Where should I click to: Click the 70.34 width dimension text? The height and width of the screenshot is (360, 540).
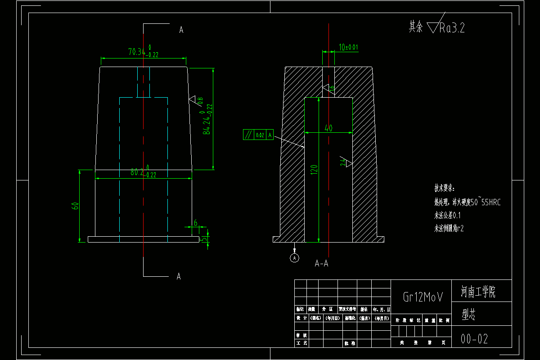tap(137, 52)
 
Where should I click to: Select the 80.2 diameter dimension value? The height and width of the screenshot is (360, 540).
tap(138, 172)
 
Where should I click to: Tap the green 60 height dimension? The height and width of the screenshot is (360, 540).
tap(76, 206)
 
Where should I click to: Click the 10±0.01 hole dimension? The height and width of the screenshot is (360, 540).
tap(348, 47)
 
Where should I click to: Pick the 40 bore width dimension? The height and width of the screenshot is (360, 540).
tap(328, 128)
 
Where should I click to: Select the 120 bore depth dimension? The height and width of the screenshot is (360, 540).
tap(314, 169)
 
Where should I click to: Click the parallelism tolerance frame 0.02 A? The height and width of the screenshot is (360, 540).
tap(258, 135)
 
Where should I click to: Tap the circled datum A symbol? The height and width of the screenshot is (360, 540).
tap(294, 258)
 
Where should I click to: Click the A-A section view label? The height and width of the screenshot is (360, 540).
tap(321, 264)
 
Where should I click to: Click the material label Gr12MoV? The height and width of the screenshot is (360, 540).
tap(423, 297)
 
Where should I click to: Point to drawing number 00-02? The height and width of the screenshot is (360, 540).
tap(474, 339)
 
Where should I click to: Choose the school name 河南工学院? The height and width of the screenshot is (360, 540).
tap(478, 293)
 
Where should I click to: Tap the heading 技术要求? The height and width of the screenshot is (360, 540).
tap(444, 188)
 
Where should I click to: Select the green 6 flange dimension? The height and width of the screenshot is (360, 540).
tap(195, 223)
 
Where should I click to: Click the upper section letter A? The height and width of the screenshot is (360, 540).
tap(181, 30)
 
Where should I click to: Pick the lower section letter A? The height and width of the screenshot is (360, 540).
tap(179, 276)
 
